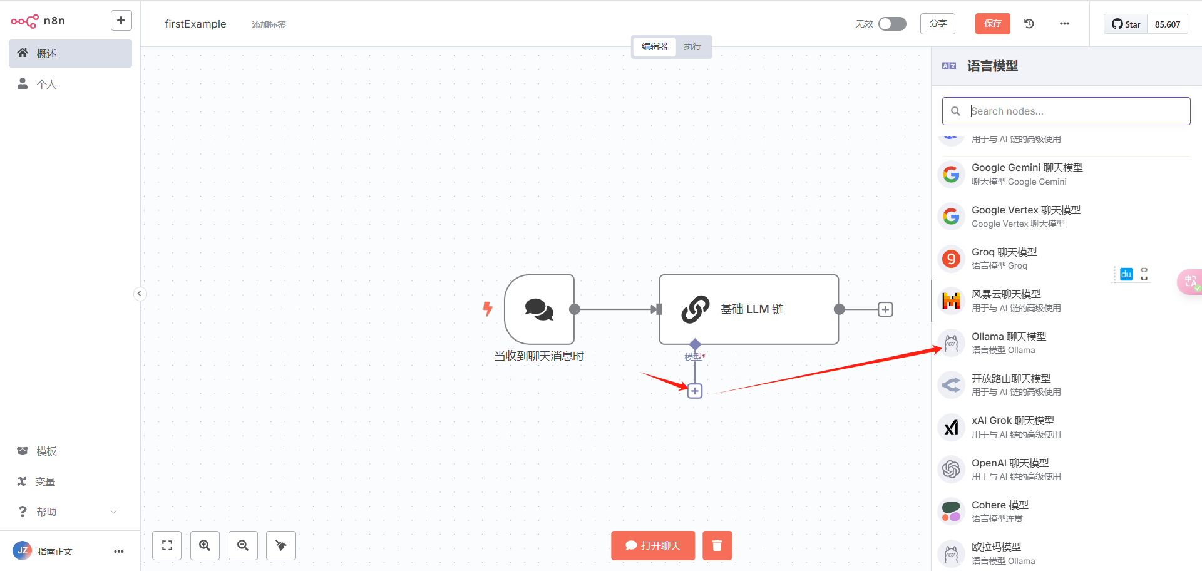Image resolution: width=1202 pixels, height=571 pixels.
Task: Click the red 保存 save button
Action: pyautogui.click(x=992, y=24)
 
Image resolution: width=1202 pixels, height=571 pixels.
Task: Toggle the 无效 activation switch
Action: pyautogui.click(x=892, y=24)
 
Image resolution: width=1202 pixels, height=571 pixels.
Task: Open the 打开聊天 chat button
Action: pyautogui.click(x=653, y=545)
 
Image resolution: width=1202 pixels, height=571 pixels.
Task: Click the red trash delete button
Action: pyautogui.click(x=717, y=545)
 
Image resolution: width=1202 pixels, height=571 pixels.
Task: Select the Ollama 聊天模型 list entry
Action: pyautogui.click(x=1009, y=342)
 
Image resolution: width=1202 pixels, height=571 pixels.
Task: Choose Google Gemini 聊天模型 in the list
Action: pyautogui.click(x=1027, y=174)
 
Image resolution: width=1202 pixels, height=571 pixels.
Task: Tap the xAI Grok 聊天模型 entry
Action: pyautogui.click(x=1012, y=427)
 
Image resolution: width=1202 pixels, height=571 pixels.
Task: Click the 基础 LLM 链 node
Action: pyautogui.click(x=749, y=309)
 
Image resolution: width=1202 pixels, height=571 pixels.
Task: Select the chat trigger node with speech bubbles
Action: pyautogui.click(x=539, y=309)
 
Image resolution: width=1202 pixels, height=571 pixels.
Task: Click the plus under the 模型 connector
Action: pyautogui.click(x=695, y=391)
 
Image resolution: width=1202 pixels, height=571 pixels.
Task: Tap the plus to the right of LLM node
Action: pyautogui.click(x=885, y=309)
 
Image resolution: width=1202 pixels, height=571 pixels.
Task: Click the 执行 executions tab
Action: pyautogui.click(x=692, y=46)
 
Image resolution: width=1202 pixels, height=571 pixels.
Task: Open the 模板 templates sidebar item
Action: pyautogui.click(x=46, y=451)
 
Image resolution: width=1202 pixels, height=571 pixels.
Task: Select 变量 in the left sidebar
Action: pyautogui.click(x=45, y=481)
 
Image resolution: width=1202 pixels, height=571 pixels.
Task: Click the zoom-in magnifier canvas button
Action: pyautogui.click(x=205, y=545)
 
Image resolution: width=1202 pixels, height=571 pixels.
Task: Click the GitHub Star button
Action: pyautogui.click(x=1126, y=24)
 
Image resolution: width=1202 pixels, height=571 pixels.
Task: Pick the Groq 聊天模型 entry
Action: pyautogui.click(x=1004, y=258)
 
